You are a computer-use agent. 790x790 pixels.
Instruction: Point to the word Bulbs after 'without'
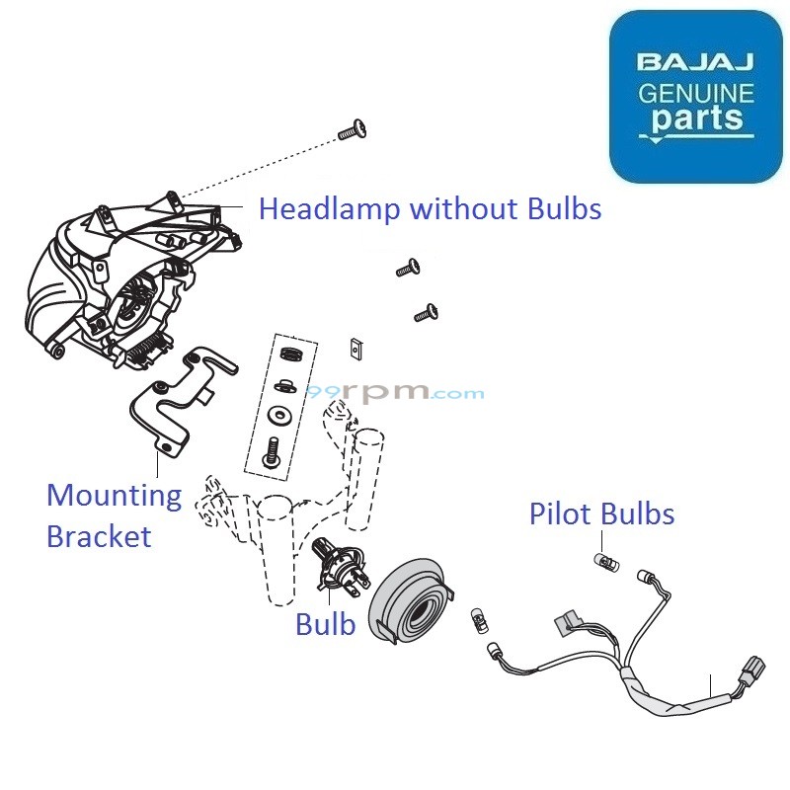[560, 209]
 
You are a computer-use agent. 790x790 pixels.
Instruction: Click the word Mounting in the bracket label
[114, 496]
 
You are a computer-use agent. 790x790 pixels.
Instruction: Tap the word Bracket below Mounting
[99, 536]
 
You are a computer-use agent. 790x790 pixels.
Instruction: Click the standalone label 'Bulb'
[325, 624]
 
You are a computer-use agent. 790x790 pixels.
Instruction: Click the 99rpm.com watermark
[395, 392]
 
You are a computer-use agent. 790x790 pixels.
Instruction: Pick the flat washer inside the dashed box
[279, 413]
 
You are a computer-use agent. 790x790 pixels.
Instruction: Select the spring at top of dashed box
[287, 354]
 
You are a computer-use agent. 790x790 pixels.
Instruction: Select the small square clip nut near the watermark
[357, 348]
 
